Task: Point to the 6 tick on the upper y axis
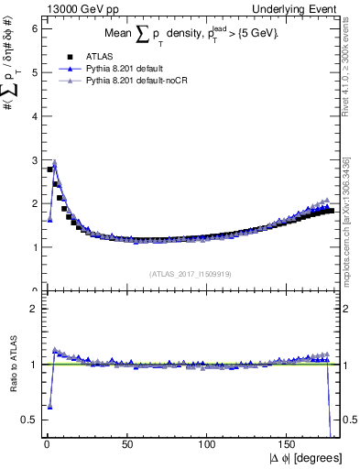pos(34,28)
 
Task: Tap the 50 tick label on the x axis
pos(127,444)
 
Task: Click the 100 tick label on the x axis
pos(208,444)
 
